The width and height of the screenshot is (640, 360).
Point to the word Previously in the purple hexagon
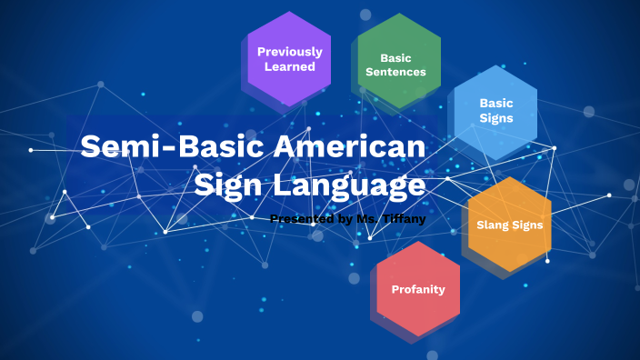point(289,52)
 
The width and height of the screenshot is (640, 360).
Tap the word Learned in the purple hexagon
point(289,66)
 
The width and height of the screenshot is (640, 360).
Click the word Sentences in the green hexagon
point(395,72)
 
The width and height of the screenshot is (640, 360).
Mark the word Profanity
point(418,290)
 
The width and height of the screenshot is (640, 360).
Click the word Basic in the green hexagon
point(395,57)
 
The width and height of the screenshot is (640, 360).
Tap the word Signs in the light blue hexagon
point(496,118)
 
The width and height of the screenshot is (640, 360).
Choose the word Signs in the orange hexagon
point(529,225)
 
